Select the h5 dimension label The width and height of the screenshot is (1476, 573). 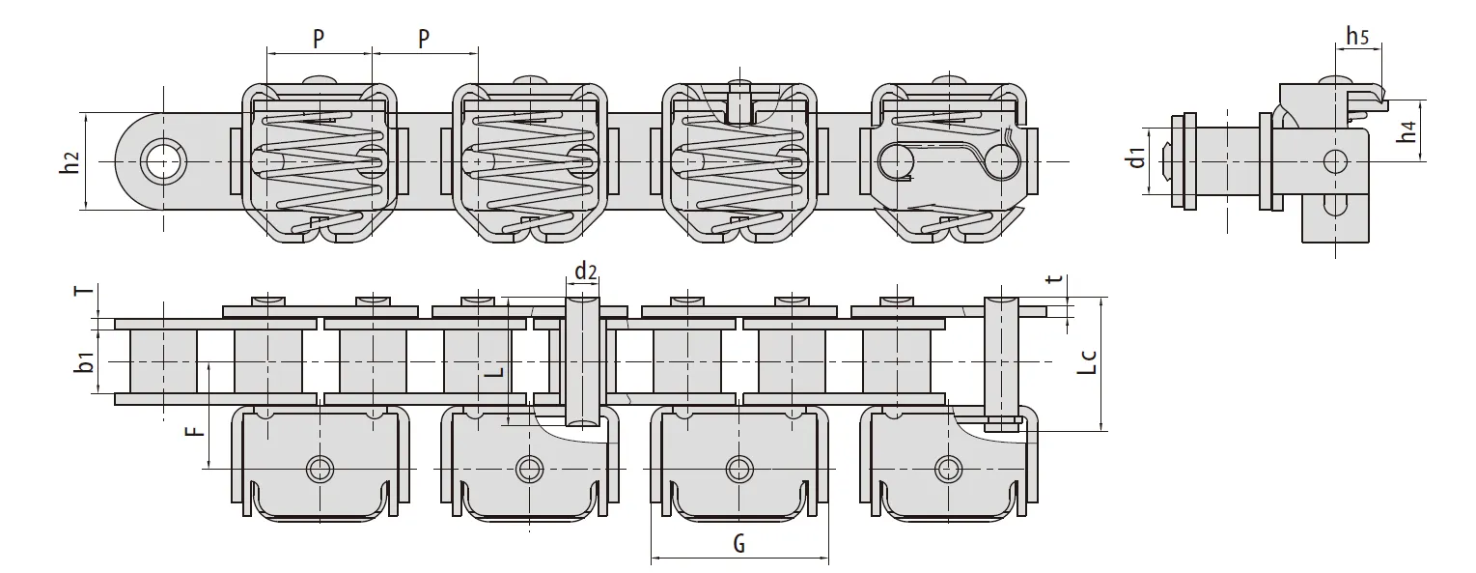[1357, 37]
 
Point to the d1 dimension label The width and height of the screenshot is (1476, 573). [1138, 156]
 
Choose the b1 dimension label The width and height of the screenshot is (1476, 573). [86, 363]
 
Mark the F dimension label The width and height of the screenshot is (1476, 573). [196, 429]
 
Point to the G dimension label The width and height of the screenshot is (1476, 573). [738, 543]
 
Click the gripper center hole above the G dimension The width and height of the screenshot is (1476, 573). [738, 469]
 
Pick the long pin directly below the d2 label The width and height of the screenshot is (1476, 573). [582, 362]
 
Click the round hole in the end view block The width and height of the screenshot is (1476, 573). [1335, 159]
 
